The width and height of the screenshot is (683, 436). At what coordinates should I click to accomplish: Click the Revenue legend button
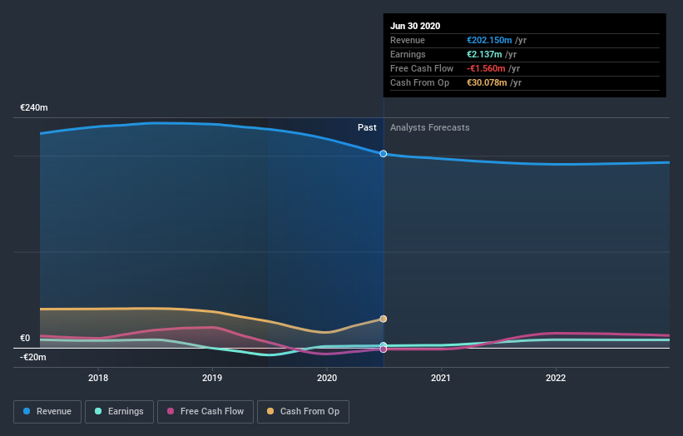pos(48,411)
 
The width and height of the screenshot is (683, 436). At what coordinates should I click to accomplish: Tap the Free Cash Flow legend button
pos(205,411)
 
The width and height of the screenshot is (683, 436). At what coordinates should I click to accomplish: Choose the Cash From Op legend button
pos(304,411)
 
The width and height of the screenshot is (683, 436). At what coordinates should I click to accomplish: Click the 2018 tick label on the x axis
pos(98,378)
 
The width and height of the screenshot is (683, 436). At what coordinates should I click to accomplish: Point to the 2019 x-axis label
pos(212,378)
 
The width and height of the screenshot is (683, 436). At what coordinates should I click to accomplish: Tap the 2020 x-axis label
pos(327,378)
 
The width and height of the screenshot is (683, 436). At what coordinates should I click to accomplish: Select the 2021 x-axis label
pos(441,378)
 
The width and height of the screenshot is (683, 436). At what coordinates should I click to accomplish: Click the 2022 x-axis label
pos(555,378)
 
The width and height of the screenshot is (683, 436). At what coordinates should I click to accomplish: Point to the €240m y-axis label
pos(34,108)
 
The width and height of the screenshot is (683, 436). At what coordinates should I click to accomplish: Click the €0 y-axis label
pos(25,339)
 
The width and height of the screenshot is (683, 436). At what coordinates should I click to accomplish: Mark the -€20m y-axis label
pos(33,357)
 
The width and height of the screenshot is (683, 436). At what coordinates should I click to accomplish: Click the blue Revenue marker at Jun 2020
pos(384,154)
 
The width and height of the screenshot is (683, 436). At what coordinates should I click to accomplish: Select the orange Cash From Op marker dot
pos(384,319)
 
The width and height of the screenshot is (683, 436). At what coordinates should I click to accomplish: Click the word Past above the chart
pos(367,128)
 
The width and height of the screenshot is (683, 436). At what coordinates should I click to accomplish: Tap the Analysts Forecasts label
pos(429,128)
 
